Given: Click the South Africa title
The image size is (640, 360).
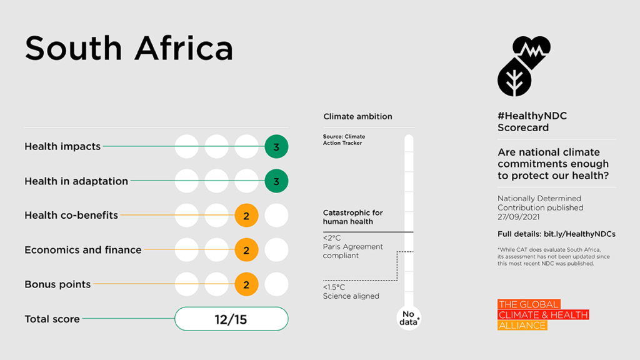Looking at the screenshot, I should tap(129, 48).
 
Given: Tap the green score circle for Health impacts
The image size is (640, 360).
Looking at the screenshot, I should tap(276, 147).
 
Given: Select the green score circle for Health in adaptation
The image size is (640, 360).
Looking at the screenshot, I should tap(276, 181).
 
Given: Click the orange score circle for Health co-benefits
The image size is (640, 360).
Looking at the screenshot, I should tap(246, 216).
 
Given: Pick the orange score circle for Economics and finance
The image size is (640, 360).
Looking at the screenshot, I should tap(246, 250).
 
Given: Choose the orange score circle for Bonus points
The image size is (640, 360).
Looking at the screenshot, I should tap(246, 284).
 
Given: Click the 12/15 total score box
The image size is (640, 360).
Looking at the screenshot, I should tap(231, 319).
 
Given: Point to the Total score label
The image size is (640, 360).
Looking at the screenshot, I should tap(52, 319).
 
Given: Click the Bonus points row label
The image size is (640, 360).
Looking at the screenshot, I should tap(57, 284).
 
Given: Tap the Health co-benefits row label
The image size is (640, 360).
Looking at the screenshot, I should tap(71, 216).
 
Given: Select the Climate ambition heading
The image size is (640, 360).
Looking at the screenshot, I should tap(357, 117).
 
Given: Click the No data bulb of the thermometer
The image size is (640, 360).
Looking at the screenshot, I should tap(409, 318).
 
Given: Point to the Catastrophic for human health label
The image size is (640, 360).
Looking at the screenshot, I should tap(352, 217).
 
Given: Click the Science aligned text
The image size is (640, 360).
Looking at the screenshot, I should tap(351, 296).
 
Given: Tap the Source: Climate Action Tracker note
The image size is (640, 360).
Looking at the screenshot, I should tap(344, 140).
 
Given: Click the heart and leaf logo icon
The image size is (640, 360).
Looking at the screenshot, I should tap(524, 66).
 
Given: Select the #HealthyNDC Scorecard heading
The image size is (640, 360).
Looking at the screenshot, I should tap(524, 122).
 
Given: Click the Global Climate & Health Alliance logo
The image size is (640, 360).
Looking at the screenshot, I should tap(542, 315).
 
